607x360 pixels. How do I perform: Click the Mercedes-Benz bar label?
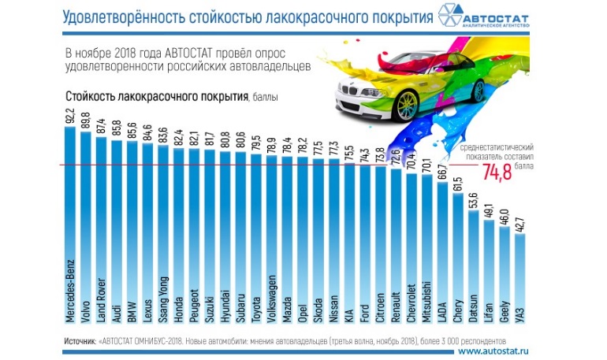click(x=69, y=291)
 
